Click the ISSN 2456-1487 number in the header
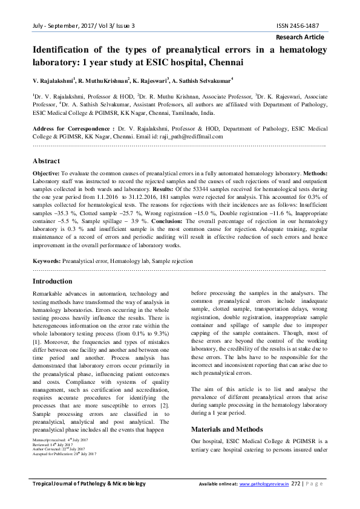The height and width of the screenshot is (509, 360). click(299, 26)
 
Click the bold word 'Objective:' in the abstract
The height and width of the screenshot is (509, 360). click(47, 173)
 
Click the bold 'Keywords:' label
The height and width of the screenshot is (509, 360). click(47, 261)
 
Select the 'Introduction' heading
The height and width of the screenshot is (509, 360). click(52, 281)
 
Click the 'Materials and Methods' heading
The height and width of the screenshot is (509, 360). click(228, 429)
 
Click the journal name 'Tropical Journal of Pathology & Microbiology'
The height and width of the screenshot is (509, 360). click(89, 484)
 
